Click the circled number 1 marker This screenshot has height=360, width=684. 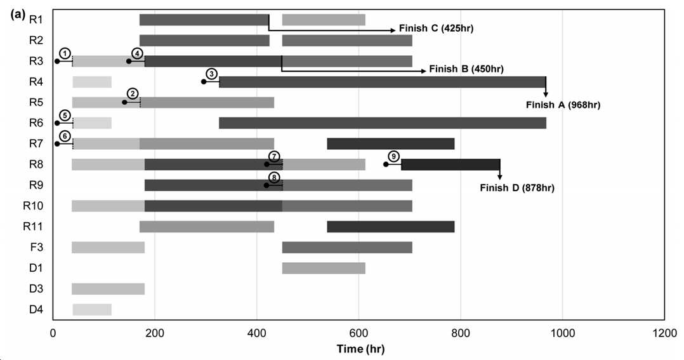[x=65, y=54]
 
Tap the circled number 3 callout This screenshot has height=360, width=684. [x=211, y=74]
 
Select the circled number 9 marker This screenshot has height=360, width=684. [x=394, y=157]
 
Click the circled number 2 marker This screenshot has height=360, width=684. [x=133, y=94]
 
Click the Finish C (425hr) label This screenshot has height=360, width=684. [x=437, y=29]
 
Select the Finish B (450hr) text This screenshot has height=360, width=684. [x=466, y=69]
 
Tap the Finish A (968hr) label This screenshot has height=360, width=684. [x=563, y=105]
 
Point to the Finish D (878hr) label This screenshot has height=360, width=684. [x=517, y=188]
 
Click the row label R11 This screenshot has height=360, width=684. [x=33, y=227]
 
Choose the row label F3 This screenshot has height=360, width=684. [x=36, y=248]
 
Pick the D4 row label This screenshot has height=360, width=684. [x=36, y=310]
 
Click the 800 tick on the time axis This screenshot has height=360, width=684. [x=461, y=333]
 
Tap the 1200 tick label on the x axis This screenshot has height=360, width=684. [x=665, y=333]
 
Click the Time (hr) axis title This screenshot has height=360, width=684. [x=361, y=349]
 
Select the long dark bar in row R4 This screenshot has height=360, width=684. [x=383, y=82]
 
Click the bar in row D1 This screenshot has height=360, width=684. [x=324, y=269]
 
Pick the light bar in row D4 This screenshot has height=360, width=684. [x=92, y=310]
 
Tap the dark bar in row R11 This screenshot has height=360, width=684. [x=391, y=227]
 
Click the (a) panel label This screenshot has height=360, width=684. [x=18, y=15]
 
